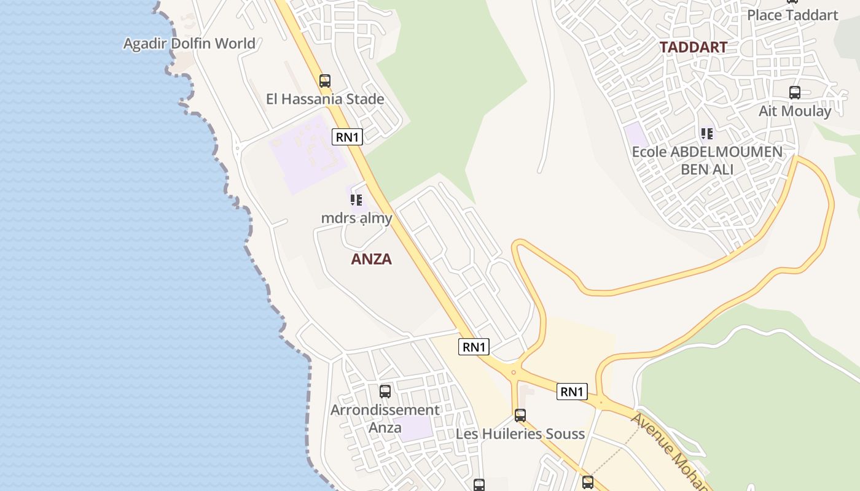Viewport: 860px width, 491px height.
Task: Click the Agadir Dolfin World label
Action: point(189,44)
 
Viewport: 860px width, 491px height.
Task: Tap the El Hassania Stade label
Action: point(325,99)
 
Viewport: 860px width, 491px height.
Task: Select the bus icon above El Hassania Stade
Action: point(325,80)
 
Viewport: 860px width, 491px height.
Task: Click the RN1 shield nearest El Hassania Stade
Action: point(347,137)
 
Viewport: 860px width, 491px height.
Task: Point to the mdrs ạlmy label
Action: point(356,218)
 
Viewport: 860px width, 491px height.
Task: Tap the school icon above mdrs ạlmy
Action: point(356,200)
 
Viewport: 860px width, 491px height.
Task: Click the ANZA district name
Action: point(371,259)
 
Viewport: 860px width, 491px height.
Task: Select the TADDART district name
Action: point(693,47)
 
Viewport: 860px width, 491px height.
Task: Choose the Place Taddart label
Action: point(792,15)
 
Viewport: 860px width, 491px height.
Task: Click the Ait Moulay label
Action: point(794,111)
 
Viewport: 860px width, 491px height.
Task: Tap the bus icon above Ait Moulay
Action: point(794,93)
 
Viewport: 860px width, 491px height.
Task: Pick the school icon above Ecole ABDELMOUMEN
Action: point(707,133)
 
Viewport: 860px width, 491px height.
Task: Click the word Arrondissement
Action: point(385,410)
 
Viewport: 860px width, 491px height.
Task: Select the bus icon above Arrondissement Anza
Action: point(385,392)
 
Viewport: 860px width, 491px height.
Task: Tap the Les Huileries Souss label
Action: point(520,434)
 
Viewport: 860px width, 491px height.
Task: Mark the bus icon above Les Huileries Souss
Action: point(520,416)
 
